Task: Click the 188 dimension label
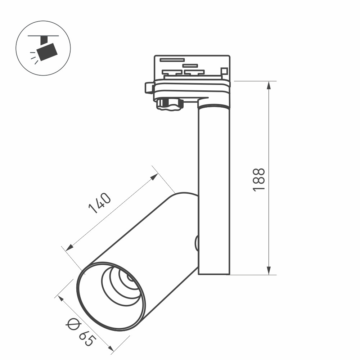pos(259,179)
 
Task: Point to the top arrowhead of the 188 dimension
pos(269,85)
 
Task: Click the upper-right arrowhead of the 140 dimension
pos(154,176)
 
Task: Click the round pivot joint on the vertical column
pos(197,243)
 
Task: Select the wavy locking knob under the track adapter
pos(169,104)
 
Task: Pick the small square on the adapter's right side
pos(224,71)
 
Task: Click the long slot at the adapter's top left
pos(172,60)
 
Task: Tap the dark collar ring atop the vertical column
pos(213,107)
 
